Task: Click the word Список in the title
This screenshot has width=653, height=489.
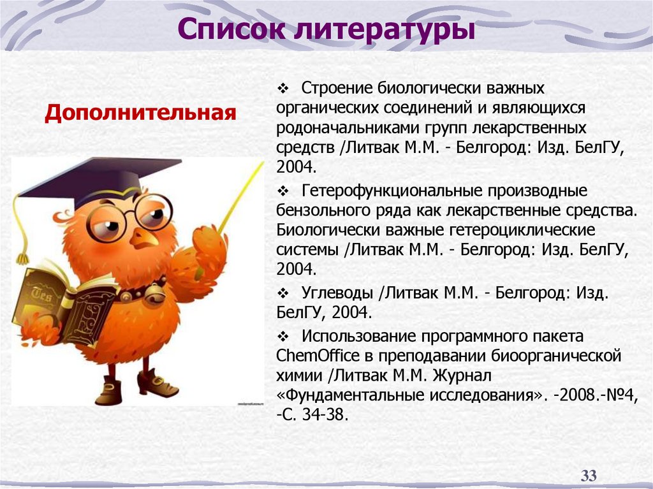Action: (x=230, y=29)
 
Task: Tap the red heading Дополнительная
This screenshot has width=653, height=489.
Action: (x=140, y=114)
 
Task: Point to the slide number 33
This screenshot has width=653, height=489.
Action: (x=588, y=475)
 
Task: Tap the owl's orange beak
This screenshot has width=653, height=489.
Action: (x=145, y=238)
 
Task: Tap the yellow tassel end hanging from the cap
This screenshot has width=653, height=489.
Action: (x=23, y=258)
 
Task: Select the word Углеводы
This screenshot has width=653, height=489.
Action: (x=337, y=293)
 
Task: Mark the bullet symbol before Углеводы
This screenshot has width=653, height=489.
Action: (x=284, y=293)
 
